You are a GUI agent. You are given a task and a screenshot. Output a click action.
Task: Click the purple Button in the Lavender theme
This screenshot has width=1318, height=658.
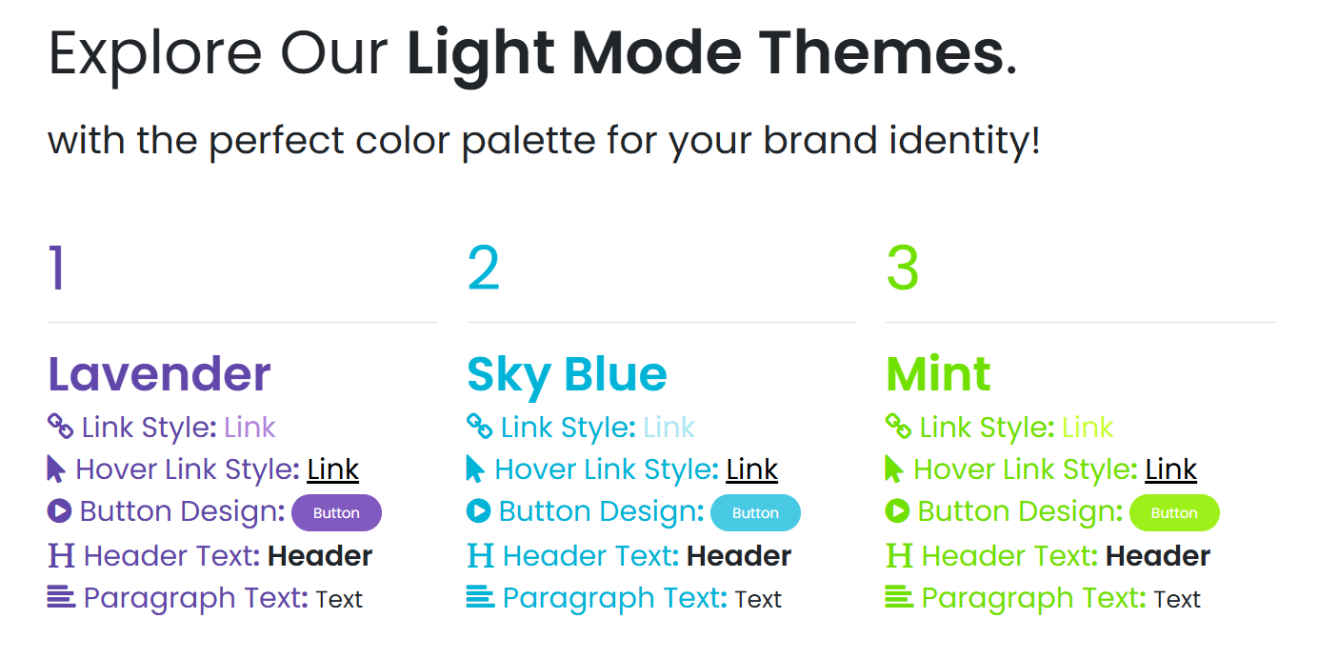pyautogui.click(x=336, y=512)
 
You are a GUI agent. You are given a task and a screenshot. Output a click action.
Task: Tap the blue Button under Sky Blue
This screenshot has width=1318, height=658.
pyautogui.click(x=755, y=512)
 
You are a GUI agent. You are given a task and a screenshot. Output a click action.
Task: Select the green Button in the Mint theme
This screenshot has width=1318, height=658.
pyautogui.click(x=1174, y=512)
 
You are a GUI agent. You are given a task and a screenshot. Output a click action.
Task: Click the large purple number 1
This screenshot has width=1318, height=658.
pyautogui.click(x=56, y=268)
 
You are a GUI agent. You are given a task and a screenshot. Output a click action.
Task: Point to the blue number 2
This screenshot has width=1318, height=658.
pyautogui.click(x=483, y=268)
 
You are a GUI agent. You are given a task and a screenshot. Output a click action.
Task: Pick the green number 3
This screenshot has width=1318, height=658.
pyautogui.click(x=903, y=268)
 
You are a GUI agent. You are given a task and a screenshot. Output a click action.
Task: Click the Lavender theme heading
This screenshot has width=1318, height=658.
pyautogui.click(x=159, y=373)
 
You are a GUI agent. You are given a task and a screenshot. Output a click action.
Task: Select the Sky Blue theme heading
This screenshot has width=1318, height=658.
pyautogui.click(x=567, y=377)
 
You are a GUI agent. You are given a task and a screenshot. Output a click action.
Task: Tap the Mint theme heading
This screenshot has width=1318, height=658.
pyautogui.click(x=938, y=373)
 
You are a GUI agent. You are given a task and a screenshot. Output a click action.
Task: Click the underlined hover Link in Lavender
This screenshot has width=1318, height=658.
pyautogui.click(x=333, y=469)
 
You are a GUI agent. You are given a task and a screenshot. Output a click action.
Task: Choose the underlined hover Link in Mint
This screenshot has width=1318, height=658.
pyautogui.click(x=1171, y=469)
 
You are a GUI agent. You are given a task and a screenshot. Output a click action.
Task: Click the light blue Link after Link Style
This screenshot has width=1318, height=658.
pyautogui.click(x=669, y=428)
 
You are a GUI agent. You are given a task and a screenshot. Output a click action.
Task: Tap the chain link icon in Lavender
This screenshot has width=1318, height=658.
pyautogui.click(x=61, y=426)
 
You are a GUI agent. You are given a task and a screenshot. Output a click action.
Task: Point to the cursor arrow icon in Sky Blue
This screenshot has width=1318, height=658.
pyautogui.click(x=475, y=469)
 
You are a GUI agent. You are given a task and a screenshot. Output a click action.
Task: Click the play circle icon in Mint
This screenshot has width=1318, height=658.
pyautogui.click(x=897, y=510)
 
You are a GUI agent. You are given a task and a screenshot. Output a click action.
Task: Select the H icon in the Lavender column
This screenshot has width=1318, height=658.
pyautogui.click(x=61, y=555)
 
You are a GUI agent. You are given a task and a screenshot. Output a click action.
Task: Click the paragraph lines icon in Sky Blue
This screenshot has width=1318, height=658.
pyautogui.click(x=480, y=596)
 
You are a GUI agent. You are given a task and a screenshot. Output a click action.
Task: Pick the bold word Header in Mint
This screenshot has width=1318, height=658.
pyautogui.click(x=1158, y=556)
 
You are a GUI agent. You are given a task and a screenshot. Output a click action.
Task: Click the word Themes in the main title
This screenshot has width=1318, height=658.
pyautogui.click(x=882, y=53)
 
